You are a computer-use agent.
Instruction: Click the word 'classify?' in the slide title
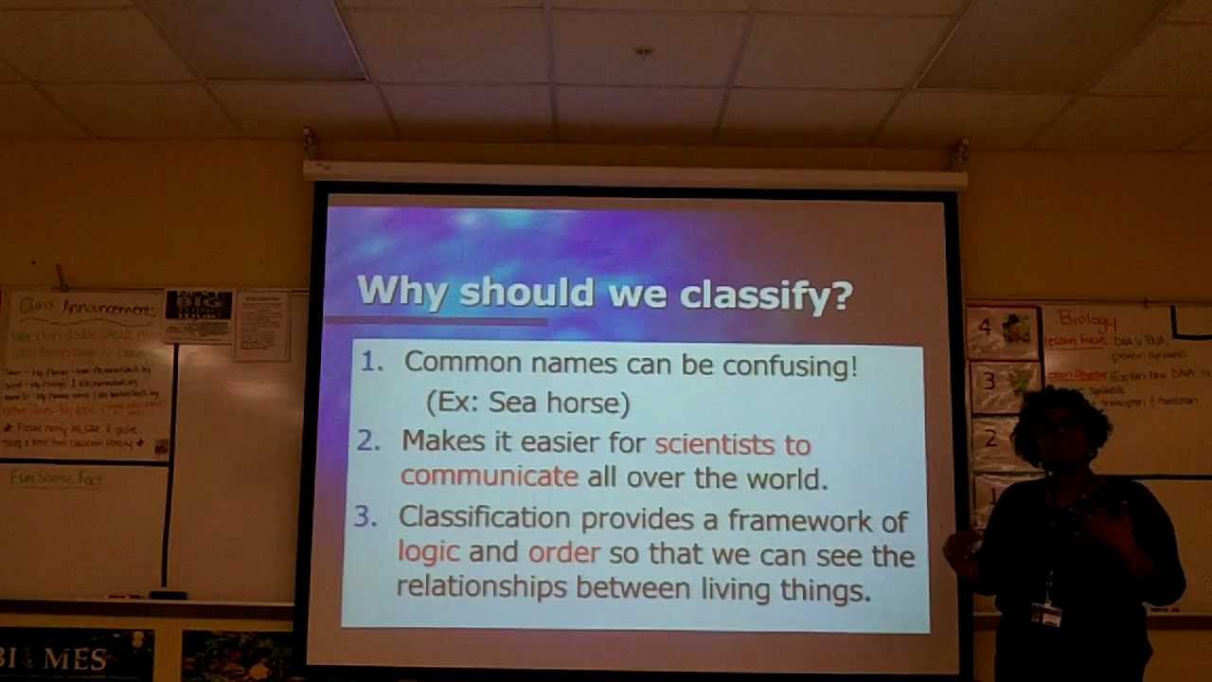tap(766, 294)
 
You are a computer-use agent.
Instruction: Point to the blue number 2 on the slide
tap(368, 440)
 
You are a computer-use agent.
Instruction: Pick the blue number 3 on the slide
tap(365, 516)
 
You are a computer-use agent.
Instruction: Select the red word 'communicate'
tap(489, 476)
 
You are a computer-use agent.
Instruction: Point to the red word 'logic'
tap(428, 552)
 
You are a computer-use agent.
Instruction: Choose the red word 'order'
tap(563, 553)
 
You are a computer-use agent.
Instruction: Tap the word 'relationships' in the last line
tap(481, 587)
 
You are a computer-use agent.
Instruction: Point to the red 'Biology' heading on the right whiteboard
tap(1087, 319)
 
